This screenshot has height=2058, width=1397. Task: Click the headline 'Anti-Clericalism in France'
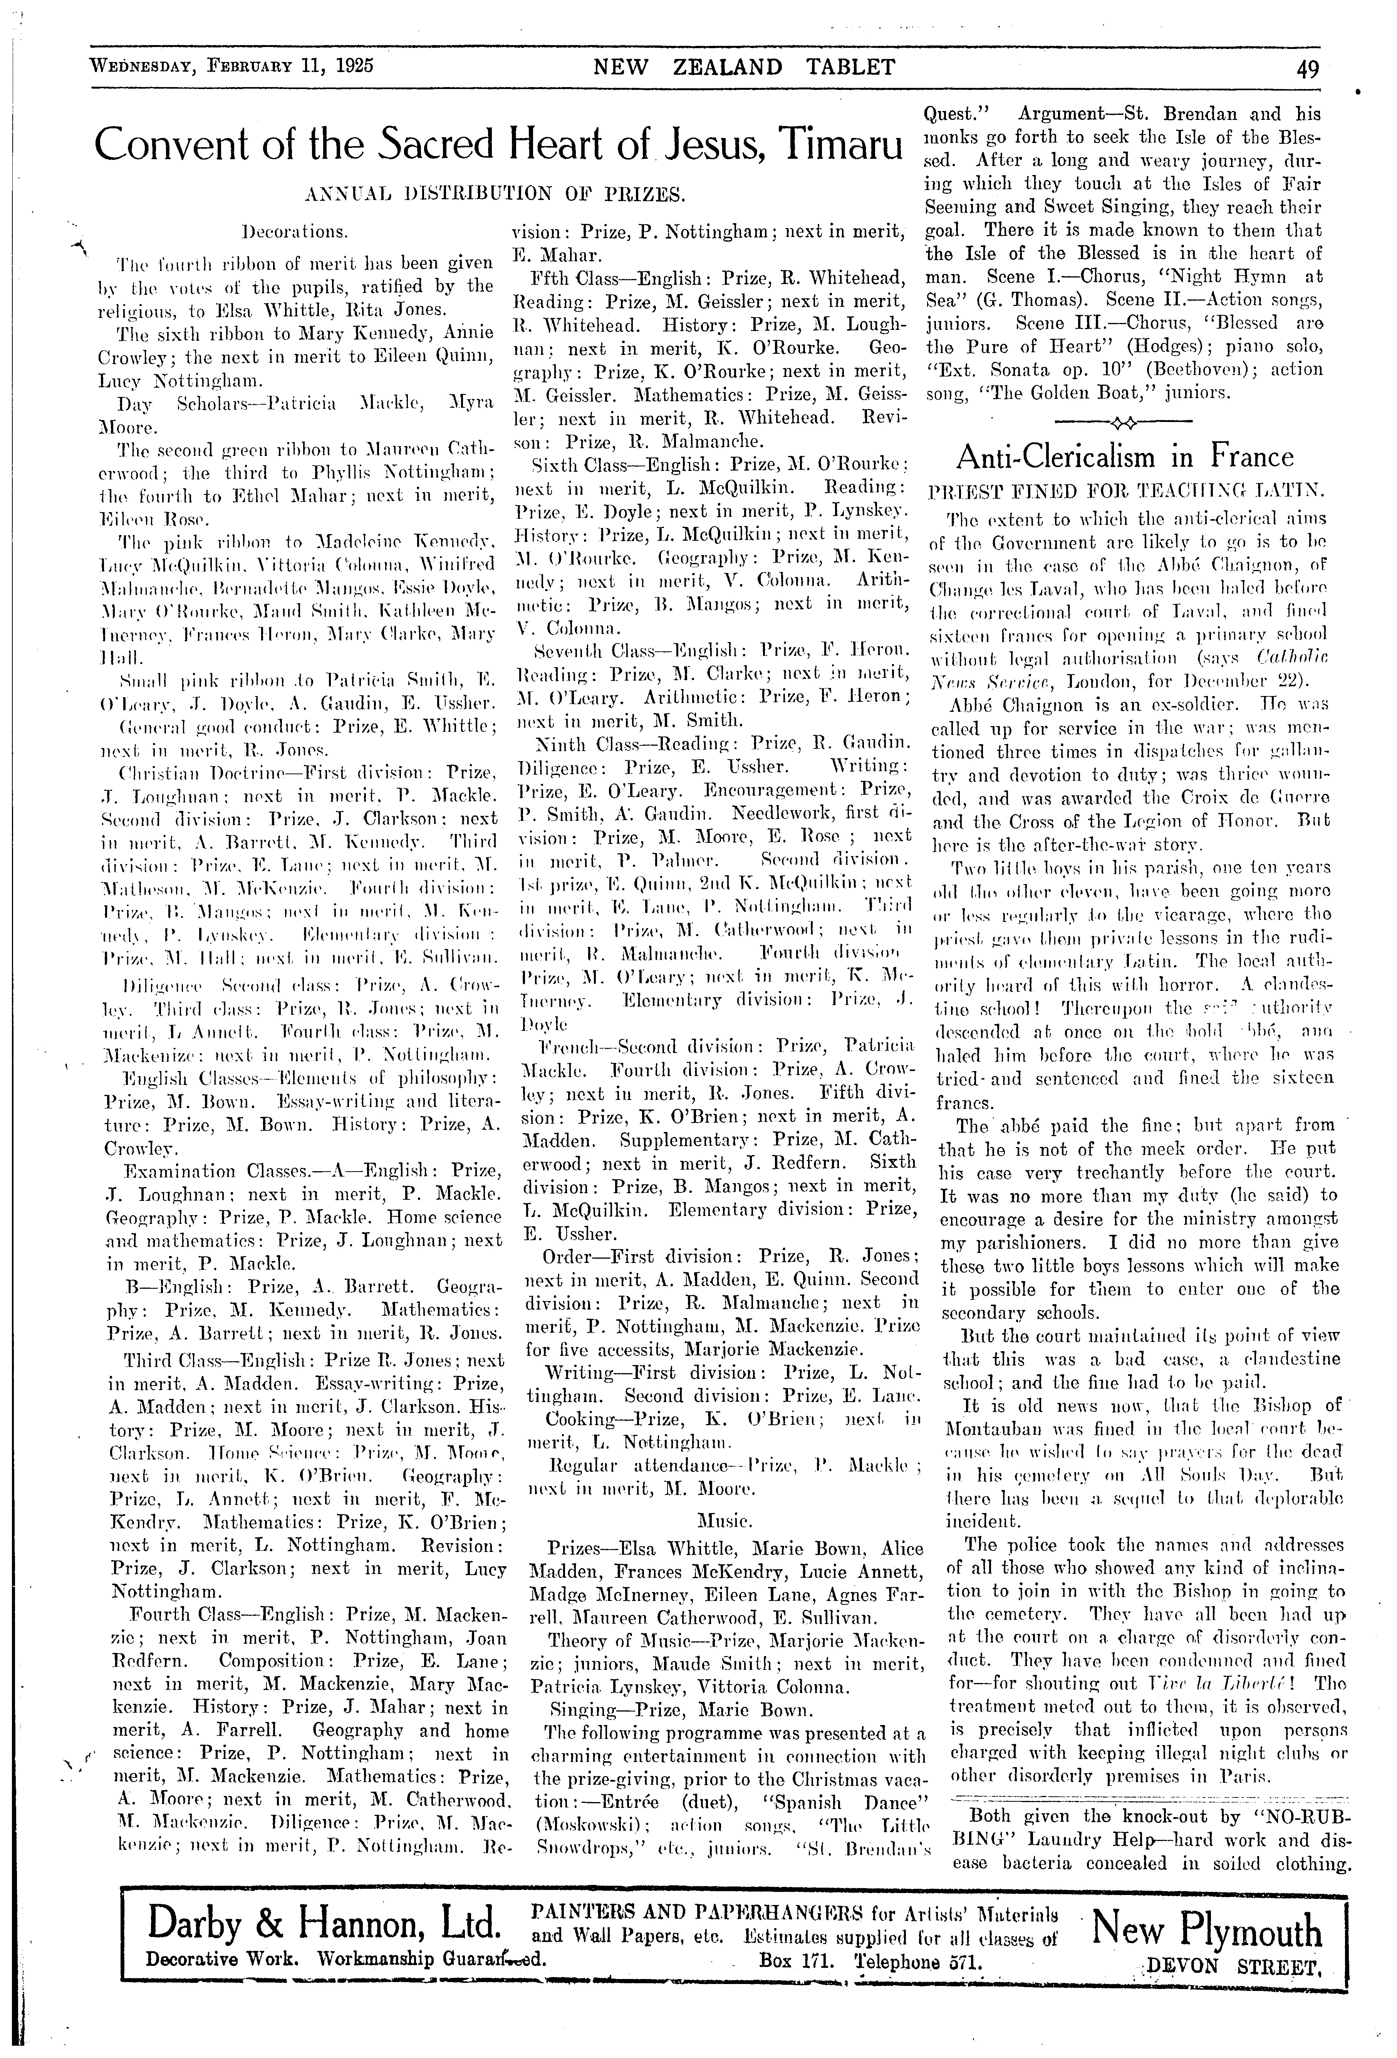(1124, 457)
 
